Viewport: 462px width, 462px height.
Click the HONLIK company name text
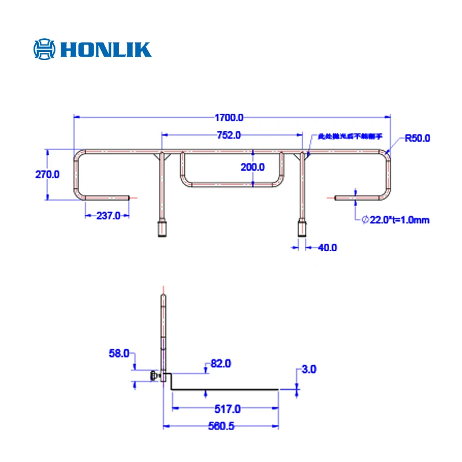105,49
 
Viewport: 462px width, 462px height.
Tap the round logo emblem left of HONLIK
45,49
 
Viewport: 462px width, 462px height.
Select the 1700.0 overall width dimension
230,118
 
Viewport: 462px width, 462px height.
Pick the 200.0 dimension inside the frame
252,167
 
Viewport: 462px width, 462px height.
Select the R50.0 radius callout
418,138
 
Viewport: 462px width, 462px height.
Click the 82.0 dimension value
220,364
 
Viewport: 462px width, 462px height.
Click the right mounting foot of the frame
301,229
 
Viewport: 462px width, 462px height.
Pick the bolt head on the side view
155,377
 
